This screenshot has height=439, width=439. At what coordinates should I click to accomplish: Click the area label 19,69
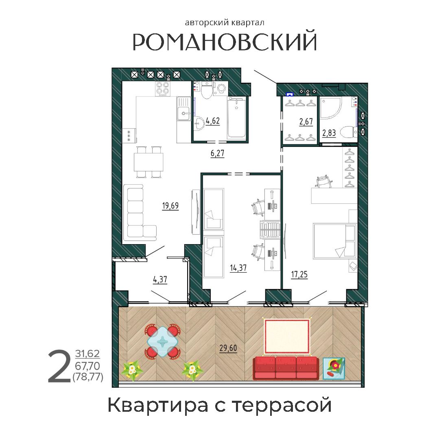tap(170, 206)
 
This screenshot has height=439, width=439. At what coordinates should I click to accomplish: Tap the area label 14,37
tap(238, 268)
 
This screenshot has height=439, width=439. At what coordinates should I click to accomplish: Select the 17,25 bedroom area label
tap(299, 274)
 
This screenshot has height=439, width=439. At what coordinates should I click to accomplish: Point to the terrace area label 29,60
tap(228, 348)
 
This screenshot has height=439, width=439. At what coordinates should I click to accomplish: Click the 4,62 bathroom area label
tap(213, 121)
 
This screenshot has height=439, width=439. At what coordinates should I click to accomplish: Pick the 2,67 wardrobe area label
tap(306, 122)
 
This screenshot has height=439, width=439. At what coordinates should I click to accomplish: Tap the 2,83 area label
tap(329, 132)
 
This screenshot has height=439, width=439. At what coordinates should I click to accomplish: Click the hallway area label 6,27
tap(218, 153)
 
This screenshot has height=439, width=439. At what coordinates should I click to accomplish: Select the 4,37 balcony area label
tap(160, 280)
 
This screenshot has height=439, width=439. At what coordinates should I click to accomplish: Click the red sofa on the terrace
tap(286, 368)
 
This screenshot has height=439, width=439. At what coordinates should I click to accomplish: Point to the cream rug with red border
tap(287, 336)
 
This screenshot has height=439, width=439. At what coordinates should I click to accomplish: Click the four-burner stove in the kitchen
tap(163, 89)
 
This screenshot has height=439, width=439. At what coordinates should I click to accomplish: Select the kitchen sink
tap(183, 109)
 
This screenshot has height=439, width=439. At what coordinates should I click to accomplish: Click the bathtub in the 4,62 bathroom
tap(237, 118)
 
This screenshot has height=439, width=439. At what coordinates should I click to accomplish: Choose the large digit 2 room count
tap(59, 366)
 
